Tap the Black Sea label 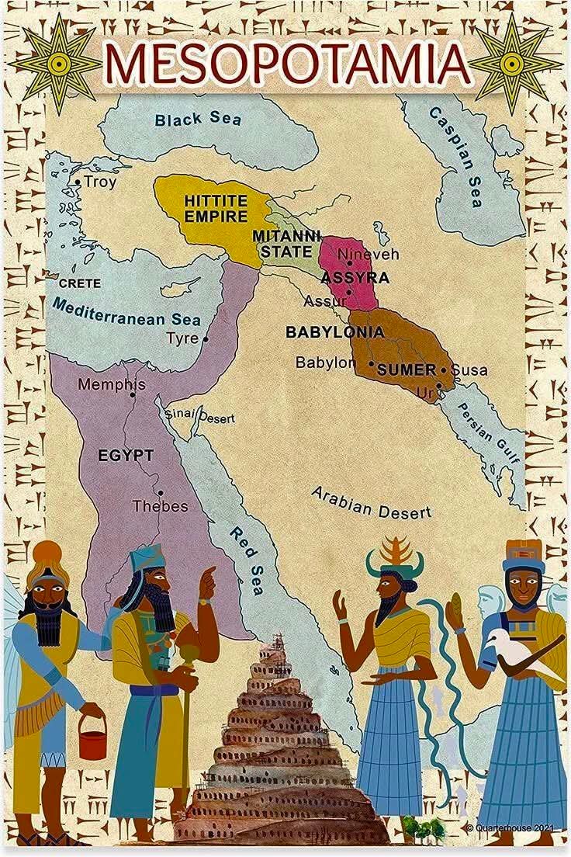(x=198, y=119)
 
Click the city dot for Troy (x=78, y=182)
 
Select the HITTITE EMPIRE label (x=215, y=208)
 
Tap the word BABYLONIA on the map (x=334, y=332)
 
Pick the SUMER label (x=406, y=370)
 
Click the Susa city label (x=469, y=370)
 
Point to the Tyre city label (x=182, y=338)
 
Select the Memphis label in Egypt (x=111, y=384)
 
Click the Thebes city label (x=160, y=506)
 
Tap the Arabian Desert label (x=371, y=503)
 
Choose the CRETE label (x=79, y=283)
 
